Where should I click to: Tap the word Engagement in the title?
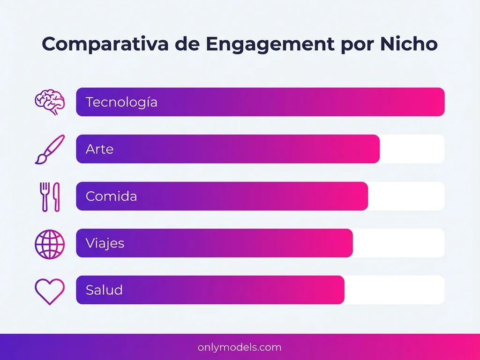(266, 44)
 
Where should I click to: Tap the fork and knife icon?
(50, 196)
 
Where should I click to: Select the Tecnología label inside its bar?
(121, 102)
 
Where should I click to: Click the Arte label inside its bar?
(99, 149)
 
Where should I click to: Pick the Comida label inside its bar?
(111, 196)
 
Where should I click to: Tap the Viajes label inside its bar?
(105, 243)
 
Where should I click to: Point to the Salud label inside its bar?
(104, 290)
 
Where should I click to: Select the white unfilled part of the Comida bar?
(406, 196)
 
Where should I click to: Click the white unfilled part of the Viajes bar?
(398, 243)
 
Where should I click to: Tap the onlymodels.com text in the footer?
(240, 347)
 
